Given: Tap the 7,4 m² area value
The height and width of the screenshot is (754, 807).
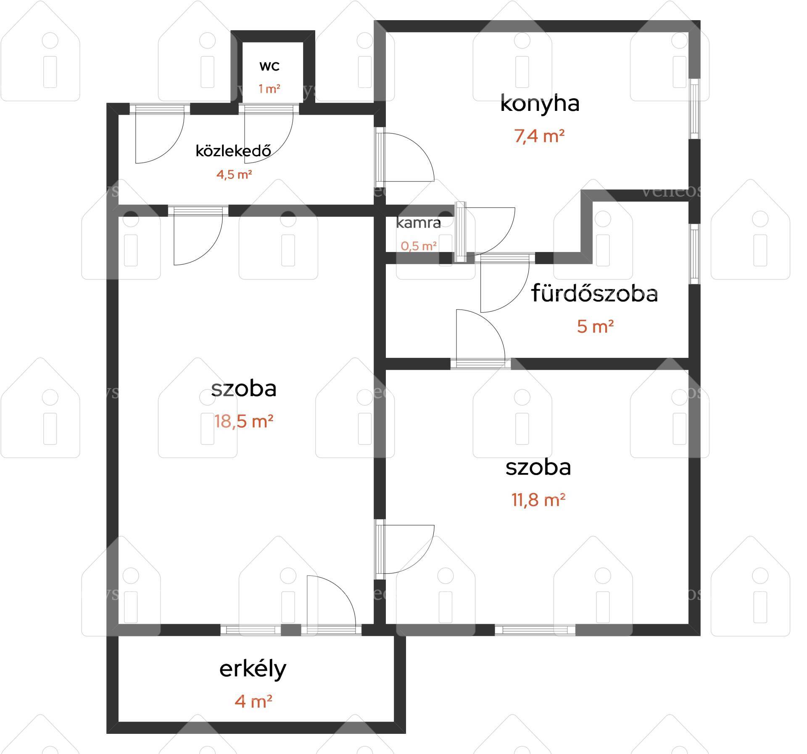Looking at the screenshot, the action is pos(539,136).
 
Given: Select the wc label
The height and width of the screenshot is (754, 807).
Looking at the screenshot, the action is pos(269,66).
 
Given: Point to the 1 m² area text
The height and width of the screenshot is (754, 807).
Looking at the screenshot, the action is pos(269,89).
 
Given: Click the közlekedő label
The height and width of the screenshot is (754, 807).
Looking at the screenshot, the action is pos(233,151).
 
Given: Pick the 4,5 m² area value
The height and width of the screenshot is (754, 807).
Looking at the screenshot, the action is pos(234,174).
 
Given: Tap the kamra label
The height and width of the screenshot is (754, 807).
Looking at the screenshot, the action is pos(419,223).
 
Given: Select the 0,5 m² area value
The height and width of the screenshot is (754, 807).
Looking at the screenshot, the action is pos(419,246).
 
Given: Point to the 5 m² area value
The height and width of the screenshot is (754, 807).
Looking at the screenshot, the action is pos(595,326).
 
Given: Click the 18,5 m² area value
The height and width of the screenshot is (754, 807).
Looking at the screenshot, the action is pos(244,421).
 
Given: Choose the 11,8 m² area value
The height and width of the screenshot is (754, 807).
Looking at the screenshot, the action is pos(538,500).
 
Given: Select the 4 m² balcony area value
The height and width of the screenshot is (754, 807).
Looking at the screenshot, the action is pos(253,701).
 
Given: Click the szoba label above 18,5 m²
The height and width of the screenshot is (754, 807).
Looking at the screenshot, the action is pos(244,389).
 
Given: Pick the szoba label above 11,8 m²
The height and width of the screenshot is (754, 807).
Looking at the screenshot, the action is pos(538,467).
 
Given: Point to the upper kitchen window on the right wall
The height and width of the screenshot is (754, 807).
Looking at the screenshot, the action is pos(694,108).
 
